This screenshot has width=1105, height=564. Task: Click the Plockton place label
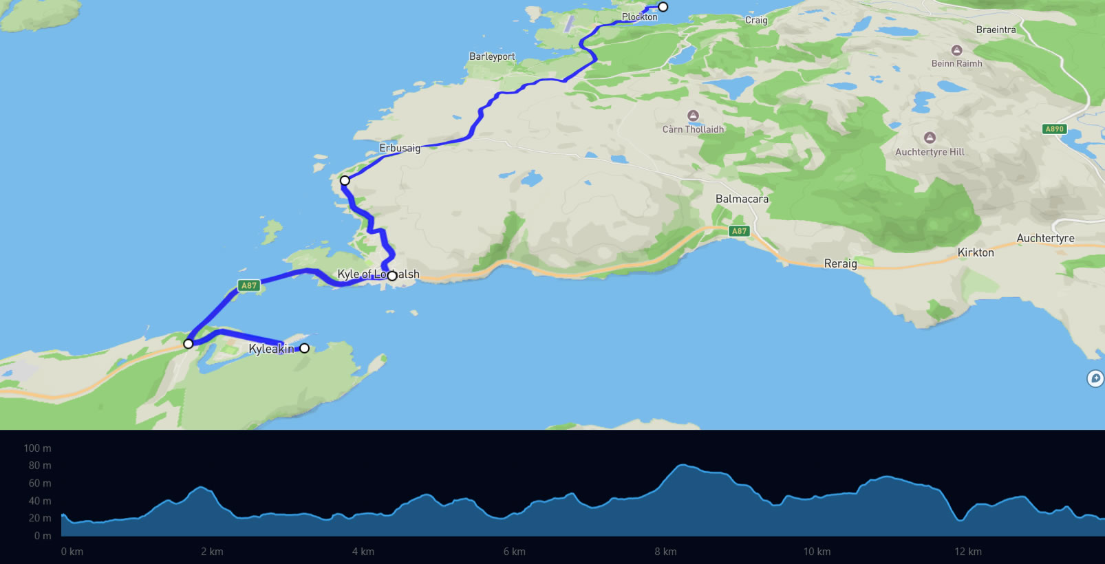[639, 17]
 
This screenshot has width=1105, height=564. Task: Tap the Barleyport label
[492, 56]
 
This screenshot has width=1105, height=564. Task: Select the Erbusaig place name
[400, 148]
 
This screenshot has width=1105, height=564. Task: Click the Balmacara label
[742, 199]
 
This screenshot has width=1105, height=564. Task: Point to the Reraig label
[840, 263]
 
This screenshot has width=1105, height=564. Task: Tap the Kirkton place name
[976, 252]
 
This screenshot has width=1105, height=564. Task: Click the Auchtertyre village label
[1045, 238]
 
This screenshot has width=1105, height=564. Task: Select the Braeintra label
[996, 30]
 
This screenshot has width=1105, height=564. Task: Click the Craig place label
[756, 20]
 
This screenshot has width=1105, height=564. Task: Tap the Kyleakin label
[271, 349]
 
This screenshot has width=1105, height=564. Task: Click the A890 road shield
[1054, 129]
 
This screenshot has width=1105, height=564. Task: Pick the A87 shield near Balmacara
[739, 231]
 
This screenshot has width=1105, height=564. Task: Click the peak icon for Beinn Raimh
[956, 50]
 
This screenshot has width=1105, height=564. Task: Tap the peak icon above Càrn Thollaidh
[693, 116]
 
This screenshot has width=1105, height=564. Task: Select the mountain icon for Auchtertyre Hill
[930, 138]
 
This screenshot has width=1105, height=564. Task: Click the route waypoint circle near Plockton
[663, 7]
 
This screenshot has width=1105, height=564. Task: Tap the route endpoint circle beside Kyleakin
[304, 348]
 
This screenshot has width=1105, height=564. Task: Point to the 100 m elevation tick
[37, 448]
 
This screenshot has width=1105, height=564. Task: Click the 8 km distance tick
[665, 552]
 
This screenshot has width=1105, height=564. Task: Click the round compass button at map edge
[1095, 378]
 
